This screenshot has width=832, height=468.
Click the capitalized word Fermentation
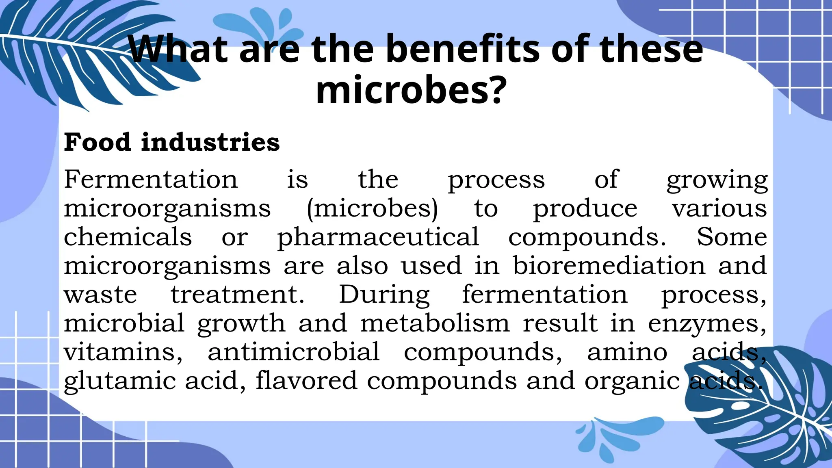(x=151, y=179)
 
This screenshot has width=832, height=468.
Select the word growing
(x=717, y=180)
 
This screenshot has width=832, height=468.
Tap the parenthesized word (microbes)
(x=372, y=209)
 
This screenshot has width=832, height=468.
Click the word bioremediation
(x=609, y=266)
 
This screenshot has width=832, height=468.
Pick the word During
(x=384, y=295)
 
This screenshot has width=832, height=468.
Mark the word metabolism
(x=435, y=323)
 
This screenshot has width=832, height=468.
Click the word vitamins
(x=123, y=352)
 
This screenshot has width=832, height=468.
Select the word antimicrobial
(x=294, y=352)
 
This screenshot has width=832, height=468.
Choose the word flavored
(x=306, y=381)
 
